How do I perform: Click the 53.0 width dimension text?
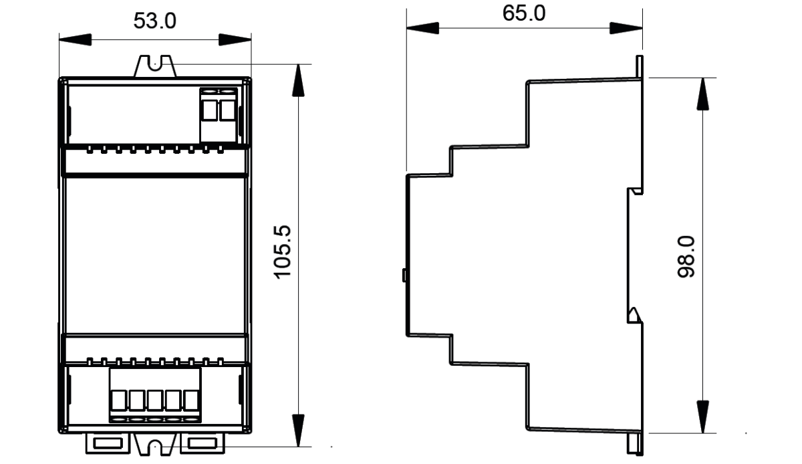(x=154, y=21)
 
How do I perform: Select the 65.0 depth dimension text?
(x=524, y=13)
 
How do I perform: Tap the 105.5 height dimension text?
(x=283, y=252)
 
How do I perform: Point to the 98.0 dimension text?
(x=686, y=257)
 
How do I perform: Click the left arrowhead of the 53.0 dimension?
(x=75, y=39)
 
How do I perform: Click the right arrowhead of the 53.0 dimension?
(x=235, y=39)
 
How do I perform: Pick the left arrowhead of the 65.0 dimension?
(x=423, y=28)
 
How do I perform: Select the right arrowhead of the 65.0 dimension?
(x=626, y=28)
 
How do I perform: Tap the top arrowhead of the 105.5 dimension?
(x=298, y=81)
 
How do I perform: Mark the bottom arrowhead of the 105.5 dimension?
(x=298, y=431)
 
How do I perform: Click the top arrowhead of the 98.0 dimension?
(x=703, y=94)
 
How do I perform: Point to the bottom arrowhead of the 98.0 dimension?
(x=703, y=417)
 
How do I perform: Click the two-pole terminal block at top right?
(x=219, y=114)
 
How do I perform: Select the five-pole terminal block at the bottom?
(x=155, y=395)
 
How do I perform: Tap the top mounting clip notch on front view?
(x=155, y=66)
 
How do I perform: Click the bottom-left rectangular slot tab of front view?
(x=108, y=443)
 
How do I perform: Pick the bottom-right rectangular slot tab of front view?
(x=203, y=443)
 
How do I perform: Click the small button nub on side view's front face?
(x=404, y=275)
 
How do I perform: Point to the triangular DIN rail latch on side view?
(x=634, y=315)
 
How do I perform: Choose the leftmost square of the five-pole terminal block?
(x=118, y=400)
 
